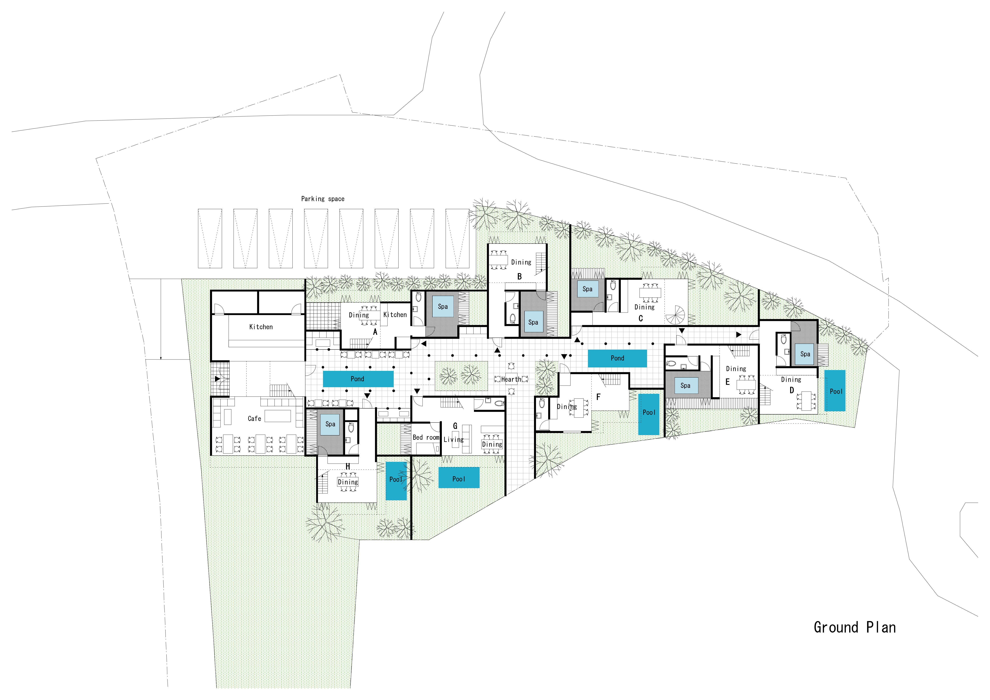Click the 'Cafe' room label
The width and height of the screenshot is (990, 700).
254,418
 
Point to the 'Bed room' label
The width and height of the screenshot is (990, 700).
426,437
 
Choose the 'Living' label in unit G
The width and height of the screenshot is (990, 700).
454,439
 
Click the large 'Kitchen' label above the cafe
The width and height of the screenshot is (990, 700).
261,327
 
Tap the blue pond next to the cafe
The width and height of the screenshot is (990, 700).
358,379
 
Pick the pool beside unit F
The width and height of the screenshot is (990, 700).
648,414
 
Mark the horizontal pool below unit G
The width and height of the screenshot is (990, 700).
459,478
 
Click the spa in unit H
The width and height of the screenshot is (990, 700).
330,424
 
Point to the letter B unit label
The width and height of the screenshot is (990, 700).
520,276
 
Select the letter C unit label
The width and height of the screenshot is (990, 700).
641,319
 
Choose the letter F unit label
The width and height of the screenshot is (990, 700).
598,397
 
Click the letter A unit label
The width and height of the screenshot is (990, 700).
375,332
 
